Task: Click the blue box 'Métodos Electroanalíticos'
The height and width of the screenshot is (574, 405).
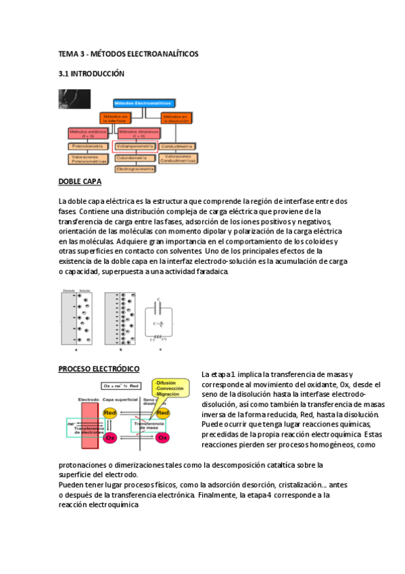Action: [x=143, y=103]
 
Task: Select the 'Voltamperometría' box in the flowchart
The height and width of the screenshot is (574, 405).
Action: [x=137, y=145]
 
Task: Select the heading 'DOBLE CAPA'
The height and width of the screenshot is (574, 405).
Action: [x=80, y=182]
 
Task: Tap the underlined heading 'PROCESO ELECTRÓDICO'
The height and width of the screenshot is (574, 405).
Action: [x=99, y=369]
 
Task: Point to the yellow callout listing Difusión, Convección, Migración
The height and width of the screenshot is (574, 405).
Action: [x=173, y=390]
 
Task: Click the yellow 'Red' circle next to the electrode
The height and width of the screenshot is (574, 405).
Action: [x=112, y=412]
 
